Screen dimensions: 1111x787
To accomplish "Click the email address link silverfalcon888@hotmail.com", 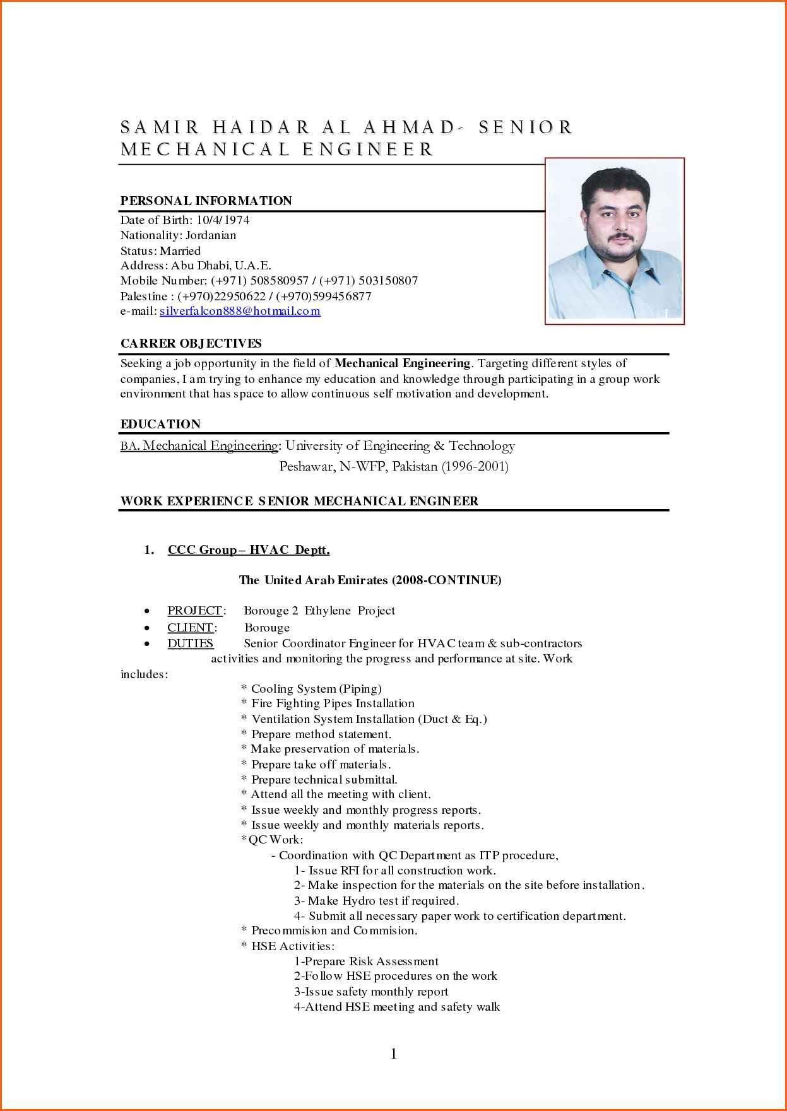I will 240,311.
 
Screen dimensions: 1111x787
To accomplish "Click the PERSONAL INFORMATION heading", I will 206,201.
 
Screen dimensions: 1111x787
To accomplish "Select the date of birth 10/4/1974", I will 223,220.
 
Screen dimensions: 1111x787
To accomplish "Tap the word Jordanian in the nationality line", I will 211,235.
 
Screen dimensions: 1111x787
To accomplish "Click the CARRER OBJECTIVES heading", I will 191,343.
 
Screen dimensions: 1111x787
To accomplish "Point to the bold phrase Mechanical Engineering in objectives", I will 402,363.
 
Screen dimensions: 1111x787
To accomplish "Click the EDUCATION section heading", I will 160,424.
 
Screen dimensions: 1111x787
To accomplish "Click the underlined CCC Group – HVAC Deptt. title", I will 249,550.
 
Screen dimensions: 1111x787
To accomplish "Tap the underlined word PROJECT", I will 194,611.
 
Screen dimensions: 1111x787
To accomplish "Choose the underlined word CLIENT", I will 190,627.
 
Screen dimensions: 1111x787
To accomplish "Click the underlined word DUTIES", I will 190,644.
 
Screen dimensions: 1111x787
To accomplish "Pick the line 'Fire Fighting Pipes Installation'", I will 333,703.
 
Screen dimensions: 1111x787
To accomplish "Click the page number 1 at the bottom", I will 394,1054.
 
